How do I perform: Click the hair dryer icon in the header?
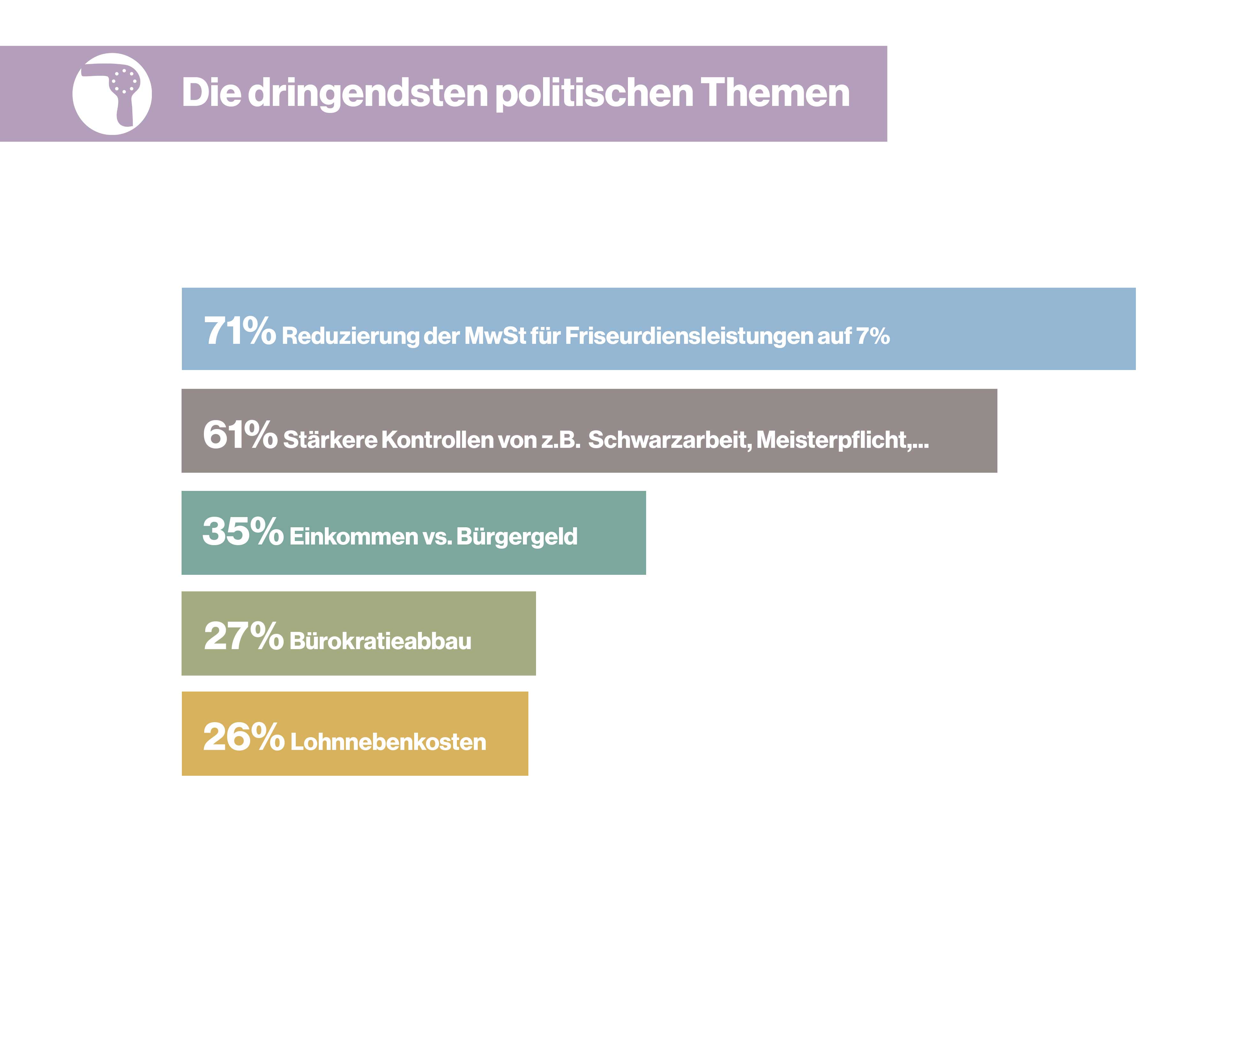[112, 94]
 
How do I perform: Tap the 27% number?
[242, 636]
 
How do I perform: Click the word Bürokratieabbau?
[381, 641]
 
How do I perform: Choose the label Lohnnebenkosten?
[388, 742]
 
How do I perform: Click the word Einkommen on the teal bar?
[354, 537]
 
